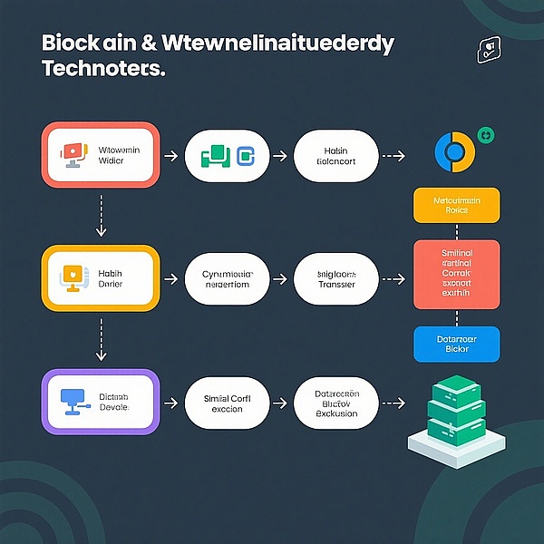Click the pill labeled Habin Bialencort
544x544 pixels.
[x=336, y=156]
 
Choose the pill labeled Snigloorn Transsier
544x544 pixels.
[x=336, y=278]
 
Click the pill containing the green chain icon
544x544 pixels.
[x=228, y=156]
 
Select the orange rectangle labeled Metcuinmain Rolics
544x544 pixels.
[x=456, y=204]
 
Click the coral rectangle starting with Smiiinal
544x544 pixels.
[x=456, y=275]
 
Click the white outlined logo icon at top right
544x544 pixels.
[x=489, y=51]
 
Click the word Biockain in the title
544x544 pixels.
[x=83, y=43]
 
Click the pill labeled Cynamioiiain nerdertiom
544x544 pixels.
[x=228, y=278]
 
